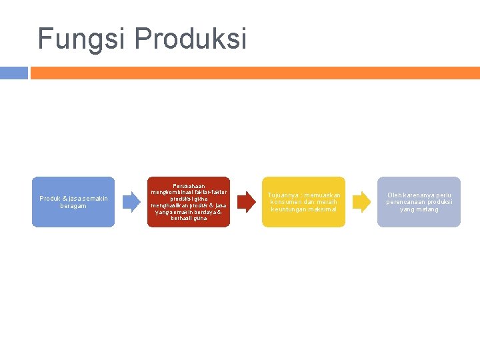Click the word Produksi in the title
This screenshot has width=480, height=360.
coord(191,39)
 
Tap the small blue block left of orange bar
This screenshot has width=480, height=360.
coord(14,73)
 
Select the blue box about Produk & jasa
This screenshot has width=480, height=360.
coord(73,202)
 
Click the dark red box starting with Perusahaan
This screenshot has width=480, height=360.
coord(189,202)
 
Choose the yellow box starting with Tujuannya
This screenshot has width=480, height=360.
coord(304,202)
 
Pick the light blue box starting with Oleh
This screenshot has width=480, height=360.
coord(419,202)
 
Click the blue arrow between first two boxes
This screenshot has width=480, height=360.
coord(131,202)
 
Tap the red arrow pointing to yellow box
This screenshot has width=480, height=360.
coord(246,202)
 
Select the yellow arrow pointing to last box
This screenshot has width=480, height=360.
coord(361,202)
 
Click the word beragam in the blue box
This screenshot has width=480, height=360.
coord(73,206)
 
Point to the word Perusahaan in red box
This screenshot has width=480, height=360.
coord(189,186)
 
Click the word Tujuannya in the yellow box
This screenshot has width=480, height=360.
coord(283,195)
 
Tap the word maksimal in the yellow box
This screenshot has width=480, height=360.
coord(323,209)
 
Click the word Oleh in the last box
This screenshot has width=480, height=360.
coord(395,195)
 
